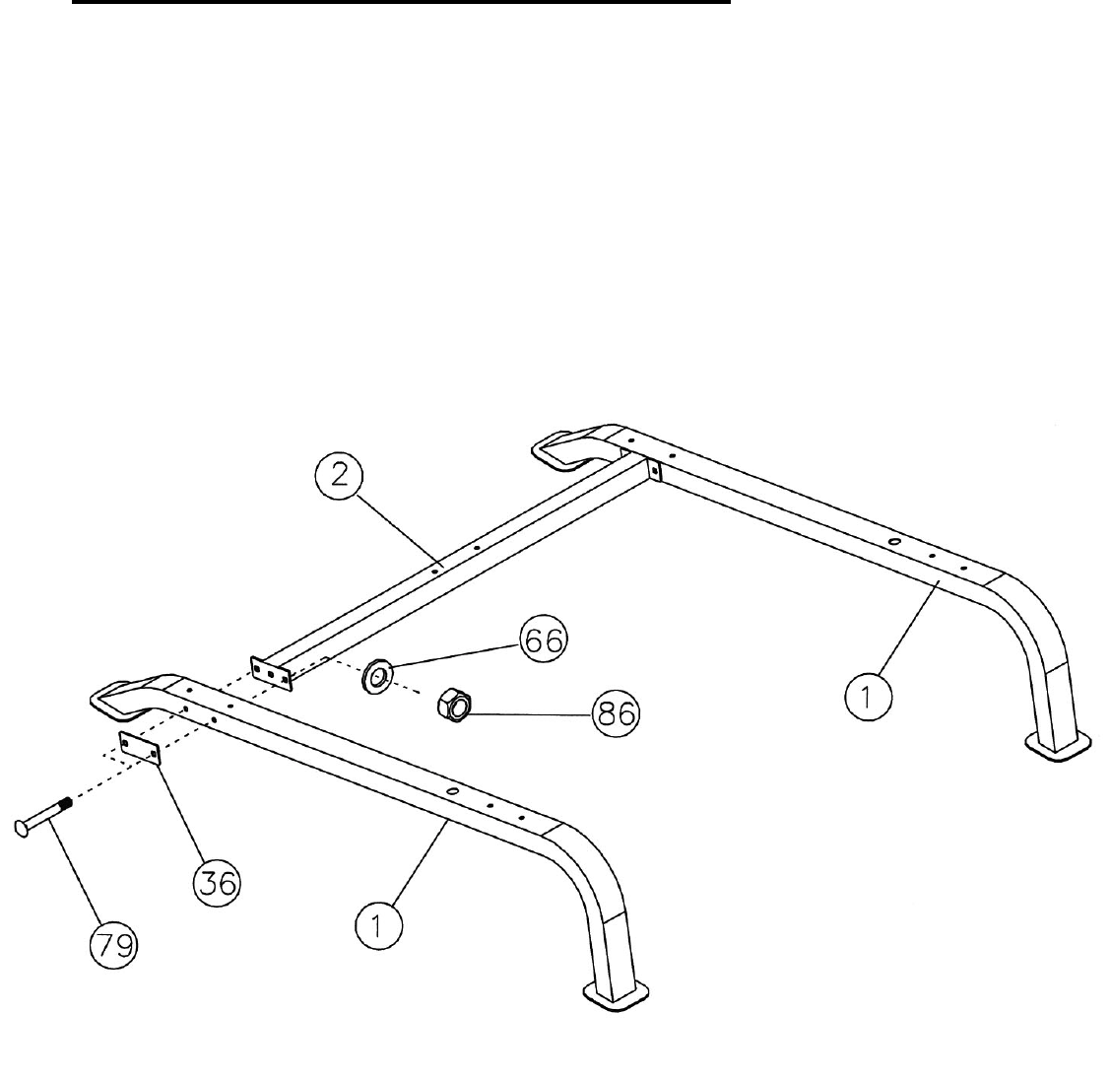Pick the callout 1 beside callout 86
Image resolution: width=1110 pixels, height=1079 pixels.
tap(868, 697)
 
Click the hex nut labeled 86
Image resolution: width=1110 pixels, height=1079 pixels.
tap(455, 705)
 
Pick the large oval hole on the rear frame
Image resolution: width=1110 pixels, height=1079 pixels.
tap(893, 541)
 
